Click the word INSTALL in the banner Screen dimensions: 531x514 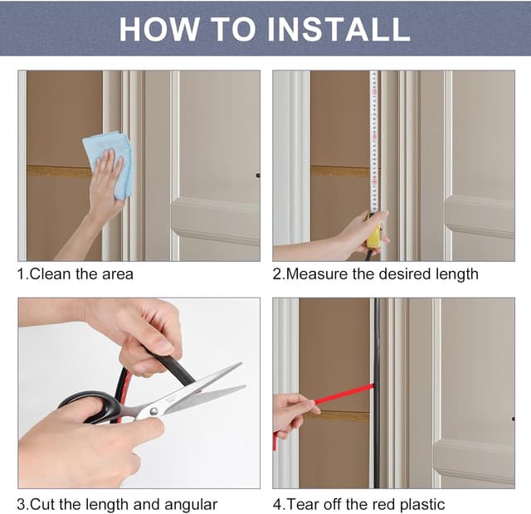(339, 29)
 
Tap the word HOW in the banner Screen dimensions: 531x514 (159, 29)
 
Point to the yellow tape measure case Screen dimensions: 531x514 (374, 233)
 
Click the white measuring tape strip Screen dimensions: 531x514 (374, 142)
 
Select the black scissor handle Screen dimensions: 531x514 (91, 407)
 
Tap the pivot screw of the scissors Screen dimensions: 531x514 (153, 411)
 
